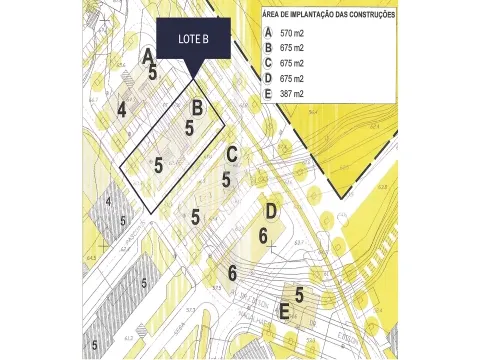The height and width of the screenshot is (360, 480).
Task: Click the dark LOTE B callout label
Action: tap(193, 41)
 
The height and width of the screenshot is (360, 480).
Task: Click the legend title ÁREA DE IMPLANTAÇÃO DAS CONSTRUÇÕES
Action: tap(328, 15)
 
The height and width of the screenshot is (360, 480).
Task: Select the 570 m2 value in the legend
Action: tap(291, 33)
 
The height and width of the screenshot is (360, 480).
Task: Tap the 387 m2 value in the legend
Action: tap(291, 94)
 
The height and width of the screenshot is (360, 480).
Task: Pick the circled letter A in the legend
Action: tap(267, 32)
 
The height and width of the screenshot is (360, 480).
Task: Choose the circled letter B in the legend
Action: tap(267, 47)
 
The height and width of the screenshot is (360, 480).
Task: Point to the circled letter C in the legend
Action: tap(267, 62)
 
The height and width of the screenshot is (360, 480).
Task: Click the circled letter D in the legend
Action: tap(267, 78)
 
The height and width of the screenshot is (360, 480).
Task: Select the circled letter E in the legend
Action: tap(267, 94)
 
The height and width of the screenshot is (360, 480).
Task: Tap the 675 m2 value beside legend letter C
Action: tap(291, 63)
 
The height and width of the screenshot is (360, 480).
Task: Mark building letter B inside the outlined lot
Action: tap(198, 108)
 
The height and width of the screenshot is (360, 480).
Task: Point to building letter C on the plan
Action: tap(231, 154)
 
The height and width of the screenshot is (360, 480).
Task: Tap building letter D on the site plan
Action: tap(270, 211)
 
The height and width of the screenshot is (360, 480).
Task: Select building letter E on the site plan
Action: tap(285, 313)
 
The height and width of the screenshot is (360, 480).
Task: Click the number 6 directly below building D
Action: tap(263, 236)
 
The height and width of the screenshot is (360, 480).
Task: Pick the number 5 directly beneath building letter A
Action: tap(153, 72)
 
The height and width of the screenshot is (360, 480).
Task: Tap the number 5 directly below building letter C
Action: tap(226, 180)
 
